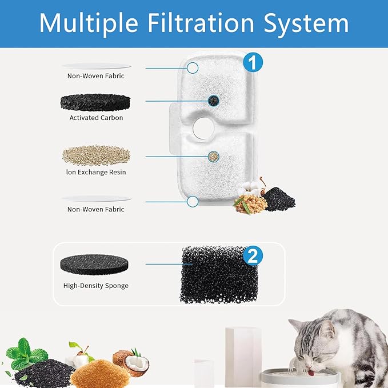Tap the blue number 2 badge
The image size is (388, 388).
(x=251, y=257)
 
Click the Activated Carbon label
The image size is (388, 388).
(x=96, y=118)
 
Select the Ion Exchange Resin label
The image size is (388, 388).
(x=96, y=172)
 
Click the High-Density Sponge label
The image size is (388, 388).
(x=96, y=285)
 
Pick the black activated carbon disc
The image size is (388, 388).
(x=95, y=102)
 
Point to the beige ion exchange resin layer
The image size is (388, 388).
(x=95, y=155)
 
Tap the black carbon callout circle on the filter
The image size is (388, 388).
(x=213, y=101)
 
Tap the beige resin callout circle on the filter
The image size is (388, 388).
(x=213, y=155)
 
